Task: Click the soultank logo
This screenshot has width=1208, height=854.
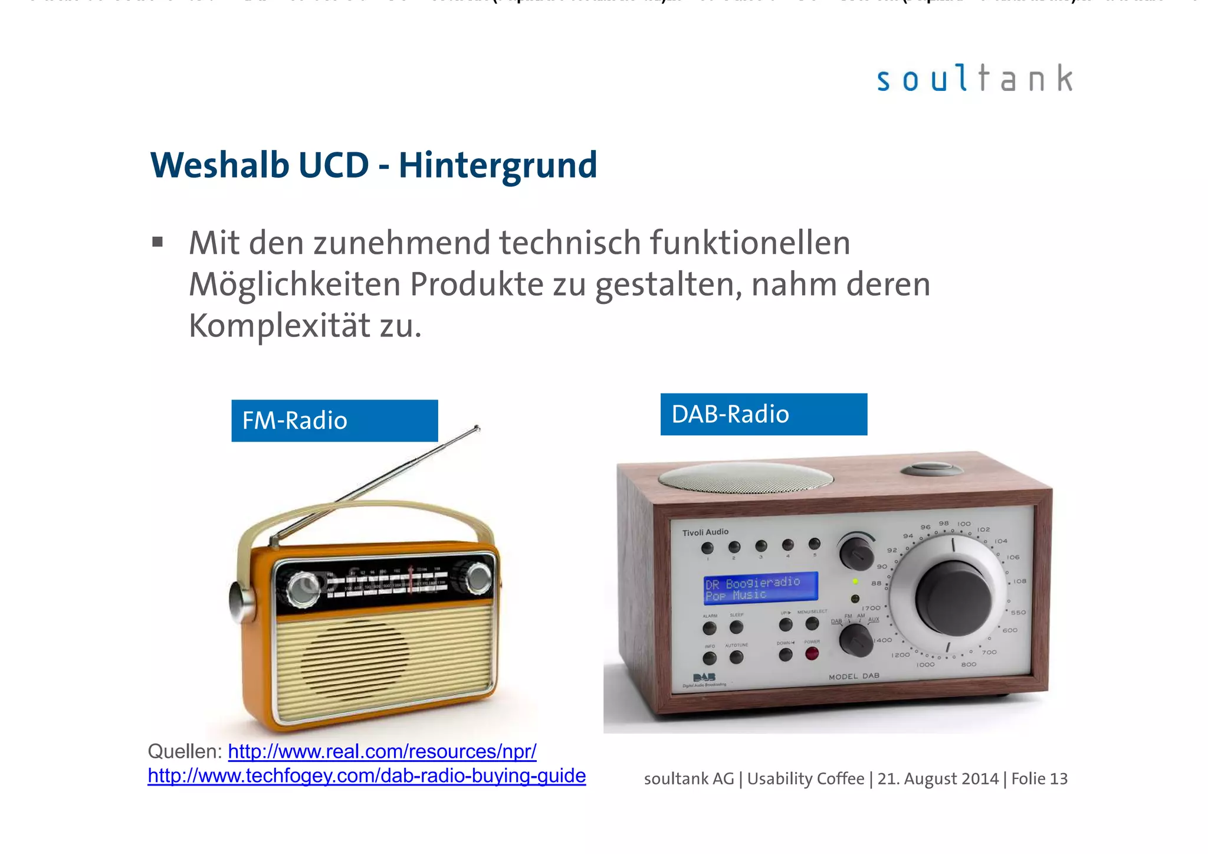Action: pos(974,79)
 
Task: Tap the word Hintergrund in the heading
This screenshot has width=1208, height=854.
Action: pos(498,165)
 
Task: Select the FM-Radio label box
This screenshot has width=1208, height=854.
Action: pos(334,421)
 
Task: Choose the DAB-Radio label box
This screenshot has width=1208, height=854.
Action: pos(763,414)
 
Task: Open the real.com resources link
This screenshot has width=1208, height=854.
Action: pos(382,751)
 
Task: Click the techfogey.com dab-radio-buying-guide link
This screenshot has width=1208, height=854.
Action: pos(366,776)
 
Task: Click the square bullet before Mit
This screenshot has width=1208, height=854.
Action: pos(157,242)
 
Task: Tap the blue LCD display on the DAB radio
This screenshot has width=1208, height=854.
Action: pos(761,588)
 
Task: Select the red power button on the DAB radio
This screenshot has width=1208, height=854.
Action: pos(812,654)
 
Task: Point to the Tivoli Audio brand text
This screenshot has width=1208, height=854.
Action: pos(705,532)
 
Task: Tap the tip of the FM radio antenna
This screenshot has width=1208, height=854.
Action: pos(477,427)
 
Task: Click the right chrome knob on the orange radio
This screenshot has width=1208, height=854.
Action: pos(478,578)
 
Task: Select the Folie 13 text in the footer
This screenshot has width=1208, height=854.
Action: pos(1039,779)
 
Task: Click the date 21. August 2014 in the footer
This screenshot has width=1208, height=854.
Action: pos(938,779)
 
